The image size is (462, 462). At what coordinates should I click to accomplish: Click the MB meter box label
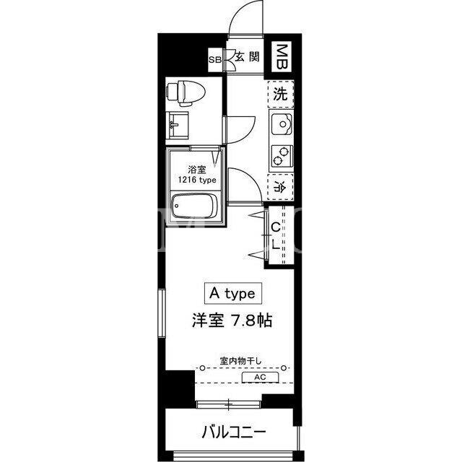(x=282, y=56)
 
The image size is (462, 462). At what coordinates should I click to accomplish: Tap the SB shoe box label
(x=215, y=60)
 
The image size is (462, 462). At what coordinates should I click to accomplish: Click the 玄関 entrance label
(x=247, y=56)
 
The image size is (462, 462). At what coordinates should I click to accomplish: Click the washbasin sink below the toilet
(x=177, y=125)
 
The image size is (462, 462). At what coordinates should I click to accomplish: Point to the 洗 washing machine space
(x=280, y=95)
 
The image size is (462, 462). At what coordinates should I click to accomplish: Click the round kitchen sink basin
(x=282, y=124)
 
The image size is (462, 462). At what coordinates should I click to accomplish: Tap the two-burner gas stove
(x=282, y=156)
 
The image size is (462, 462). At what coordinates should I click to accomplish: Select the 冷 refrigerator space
(x=280, y=188)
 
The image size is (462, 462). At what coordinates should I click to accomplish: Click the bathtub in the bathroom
(x=195, y=206)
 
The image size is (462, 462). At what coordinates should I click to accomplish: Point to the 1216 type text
(x=197, y=180)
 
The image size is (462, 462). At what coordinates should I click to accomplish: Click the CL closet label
(x=276, y=236)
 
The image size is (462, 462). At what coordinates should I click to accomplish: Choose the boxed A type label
(x=233, y=294)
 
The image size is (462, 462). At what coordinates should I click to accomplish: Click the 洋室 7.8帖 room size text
(x=232, y=321)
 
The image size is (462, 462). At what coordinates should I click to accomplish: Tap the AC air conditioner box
(x=260, y=377)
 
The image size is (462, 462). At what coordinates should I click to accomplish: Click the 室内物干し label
(x=240, y=361)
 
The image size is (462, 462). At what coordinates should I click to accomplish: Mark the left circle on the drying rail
(x=202, y=368)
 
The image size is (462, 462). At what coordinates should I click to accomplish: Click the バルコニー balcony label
(x=234, y=433)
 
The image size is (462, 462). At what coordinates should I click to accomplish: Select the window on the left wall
(x=162, y=313)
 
